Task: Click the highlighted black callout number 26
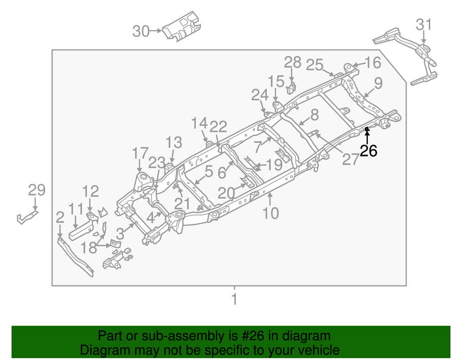click(x=368, y=151)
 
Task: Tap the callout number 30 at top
click(x=141, y=31)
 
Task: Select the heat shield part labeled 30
click(x=182, y=28)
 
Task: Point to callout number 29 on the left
click(x=37, y=190)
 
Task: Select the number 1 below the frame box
click(x=234, y=299)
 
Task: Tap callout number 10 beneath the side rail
click(x=271, y=213)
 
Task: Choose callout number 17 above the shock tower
click(x=140, y=153)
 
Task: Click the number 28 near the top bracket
click(x=292, y=62)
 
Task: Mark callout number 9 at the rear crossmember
click(x=378, y=84)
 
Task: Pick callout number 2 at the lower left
click(x=60, y=216)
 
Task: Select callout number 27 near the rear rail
click(x=351, y=159)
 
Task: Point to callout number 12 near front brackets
click(x=91, y=191)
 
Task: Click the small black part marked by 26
click(x=367, y=129)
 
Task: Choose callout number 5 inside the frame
click(x=209, y=172)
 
